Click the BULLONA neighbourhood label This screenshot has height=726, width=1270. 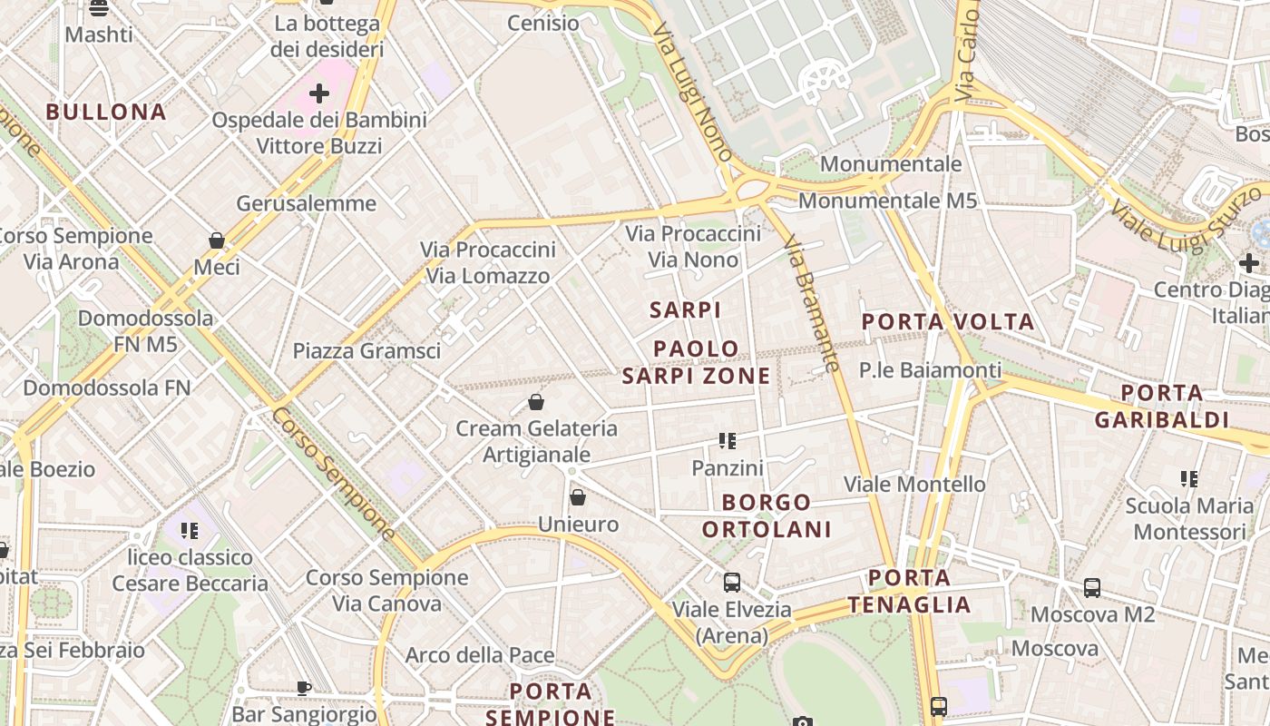pos(106,112)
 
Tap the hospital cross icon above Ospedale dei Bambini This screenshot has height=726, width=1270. pos(319,93)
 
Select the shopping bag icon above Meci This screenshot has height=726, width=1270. pos(217,240)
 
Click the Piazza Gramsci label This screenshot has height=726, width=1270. pos(366,351)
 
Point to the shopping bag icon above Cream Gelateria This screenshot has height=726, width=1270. pos(536,402)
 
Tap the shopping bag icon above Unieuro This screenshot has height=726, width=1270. pos(578,497)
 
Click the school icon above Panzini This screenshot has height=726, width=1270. pos(728,441)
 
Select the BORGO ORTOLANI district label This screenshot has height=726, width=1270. pos(767,515)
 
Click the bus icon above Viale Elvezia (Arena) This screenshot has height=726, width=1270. pos(732,583)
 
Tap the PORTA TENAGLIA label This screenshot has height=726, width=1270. pos(910,591)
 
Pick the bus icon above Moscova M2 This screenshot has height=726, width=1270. pos(1092,588)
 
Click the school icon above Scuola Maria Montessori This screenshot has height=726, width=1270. pos(1189,478)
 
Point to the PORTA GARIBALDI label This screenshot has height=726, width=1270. pos(1162,407)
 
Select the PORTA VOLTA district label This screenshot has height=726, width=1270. pos(948,321)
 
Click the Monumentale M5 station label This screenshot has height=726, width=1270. pos(887,201)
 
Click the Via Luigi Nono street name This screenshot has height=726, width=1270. pos(693,92)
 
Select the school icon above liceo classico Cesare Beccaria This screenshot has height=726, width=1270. pos(190,530)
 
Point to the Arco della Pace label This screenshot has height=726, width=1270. pos(480,655)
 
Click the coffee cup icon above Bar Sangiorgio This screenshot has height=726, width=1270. pos(304,688)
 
